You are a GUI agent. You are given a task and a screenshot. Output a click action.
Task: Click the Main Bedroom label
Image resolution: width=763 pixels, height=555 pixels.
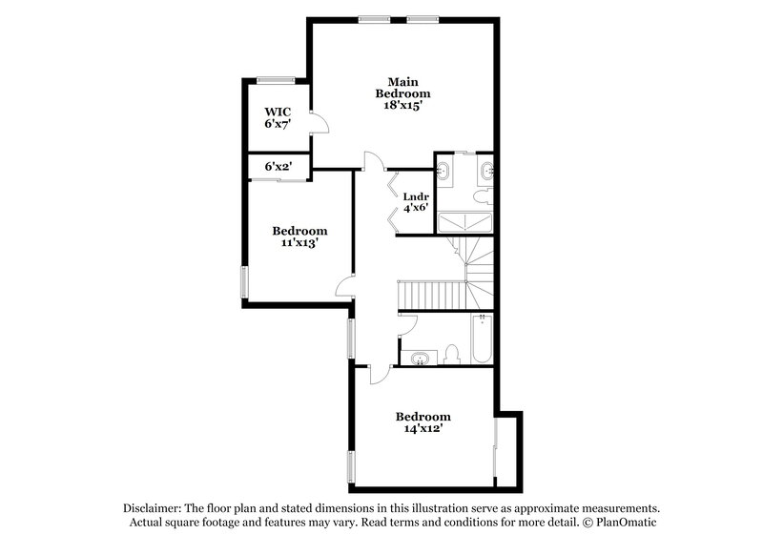click(402, 87)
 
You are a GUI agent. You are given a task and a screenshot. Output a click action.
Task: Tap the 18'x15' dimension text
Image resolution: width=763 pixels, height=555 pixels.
click(402, 107)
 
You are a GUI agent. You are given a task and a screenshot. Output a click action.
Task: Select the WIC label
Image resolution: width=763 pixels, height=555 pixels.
click(278, 111)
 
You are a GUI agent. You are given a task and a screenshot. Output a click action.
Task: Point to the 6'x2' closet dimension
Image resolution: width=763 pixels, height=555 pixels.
click(278, 167)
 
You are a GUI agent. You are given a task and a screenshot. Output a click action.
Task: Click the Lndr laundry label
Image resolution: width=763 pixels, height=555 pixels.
click(415, 198)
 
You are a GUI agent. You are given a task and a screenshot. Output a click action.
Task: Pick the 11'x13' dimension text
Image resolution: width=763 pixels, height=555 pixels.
click(299, 243)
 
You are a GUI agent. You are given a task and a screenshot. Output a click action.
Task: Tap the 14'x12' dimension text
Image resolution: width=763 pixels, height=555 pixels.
click(423, 429)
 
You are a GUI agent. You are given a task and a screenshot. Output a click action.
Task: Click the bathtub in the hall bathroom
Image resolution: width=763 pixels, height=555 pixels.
click(479, 340)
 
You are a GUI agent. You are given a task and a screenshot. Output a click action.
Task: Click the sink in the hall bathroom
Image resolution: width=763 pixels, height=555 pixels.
click(420, 358)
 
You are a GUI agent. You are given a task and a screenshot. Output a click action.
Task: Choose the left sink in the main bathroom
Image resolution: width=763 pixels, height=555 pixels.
click(445, 172)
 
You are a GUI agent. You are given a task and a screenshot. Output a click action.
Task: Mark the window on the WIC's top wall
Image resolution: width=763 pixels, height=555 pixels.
click(275, 79)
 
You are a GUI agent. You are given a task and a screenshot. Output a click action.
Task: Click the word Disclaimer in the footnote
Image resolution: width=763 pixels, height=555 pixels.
click(155, 508)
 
